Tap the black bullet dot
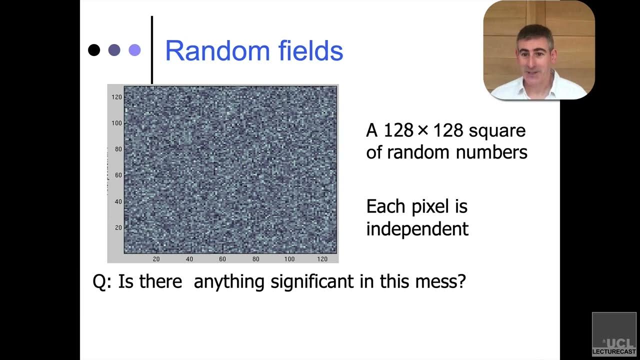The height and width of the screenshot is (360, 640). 94,50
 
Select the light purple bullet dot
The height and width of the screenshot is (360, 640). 134,50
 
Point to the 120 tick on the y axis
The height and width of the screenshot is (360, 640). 116,96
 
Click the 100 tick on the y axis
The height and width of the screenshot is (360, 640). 116,123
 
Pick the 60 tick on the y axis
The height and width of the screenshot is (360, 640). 118,175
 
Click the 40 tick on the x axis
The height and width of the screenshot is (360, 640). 189,259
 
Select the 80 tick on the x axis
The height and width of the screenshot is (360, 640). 256,259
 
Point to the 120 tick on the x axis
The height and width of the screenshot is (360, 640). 322,259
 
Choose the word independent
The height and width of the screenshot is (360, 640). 417,229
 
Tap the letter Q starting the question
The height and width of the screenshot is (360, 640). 99,282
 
